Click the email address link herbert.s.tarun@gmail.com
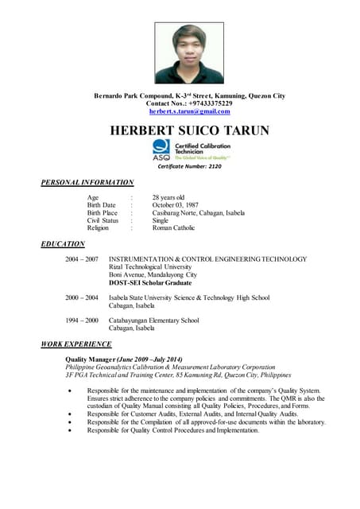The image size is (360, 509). pos(189,112)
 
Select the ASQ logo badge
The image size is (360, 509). pos(161,149)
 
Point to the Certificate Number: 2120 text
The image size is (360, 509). pos(190,166)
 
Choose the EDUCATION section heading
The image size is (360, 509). pos(63,244)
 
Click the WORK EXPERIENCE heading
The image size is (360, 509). pos(76,344)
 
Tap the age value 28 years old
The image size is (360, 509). pos(168,197)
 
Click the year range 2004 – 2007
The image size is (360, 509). pos(82,259)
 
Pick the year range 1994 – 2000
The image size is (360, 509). pos(82,321)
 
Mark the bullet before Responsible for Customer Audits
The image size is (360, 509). pos(74,414)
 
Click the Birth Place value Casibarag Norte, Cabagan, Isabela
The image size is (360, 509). pos(198,213)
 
